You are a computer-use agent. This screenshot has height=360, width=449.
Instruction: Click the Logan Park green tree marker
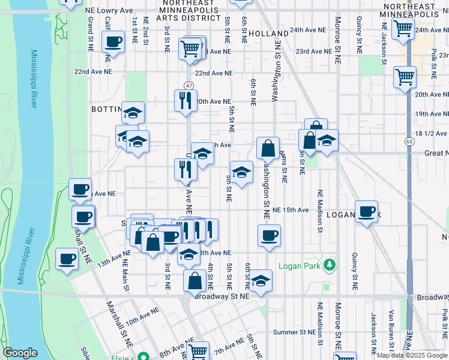329,265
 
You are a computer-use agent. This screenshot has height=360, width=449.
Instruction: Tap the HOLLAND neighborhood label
269,34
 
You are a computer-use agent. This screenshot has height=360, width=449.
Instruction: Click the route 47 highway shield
188,86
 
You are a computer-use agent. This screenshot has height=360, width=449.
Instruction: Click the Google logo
20,353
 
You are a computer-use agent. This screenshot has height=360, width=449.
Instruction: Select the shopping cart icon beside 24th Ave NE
402,28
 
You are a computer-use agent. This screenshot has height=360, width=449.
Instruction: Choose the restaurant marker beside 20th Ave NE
185,100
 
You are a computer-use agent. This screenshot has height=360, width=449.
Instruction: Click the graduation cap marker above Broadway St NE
261,280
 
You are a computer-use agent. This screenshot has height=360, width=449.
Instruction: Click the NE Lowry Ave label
109,11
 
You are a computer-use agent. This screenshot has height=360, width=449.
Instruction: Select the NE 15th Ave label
291,210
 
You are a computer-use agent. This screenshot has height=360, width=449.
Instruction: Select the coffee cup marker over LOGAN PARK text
366,212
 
